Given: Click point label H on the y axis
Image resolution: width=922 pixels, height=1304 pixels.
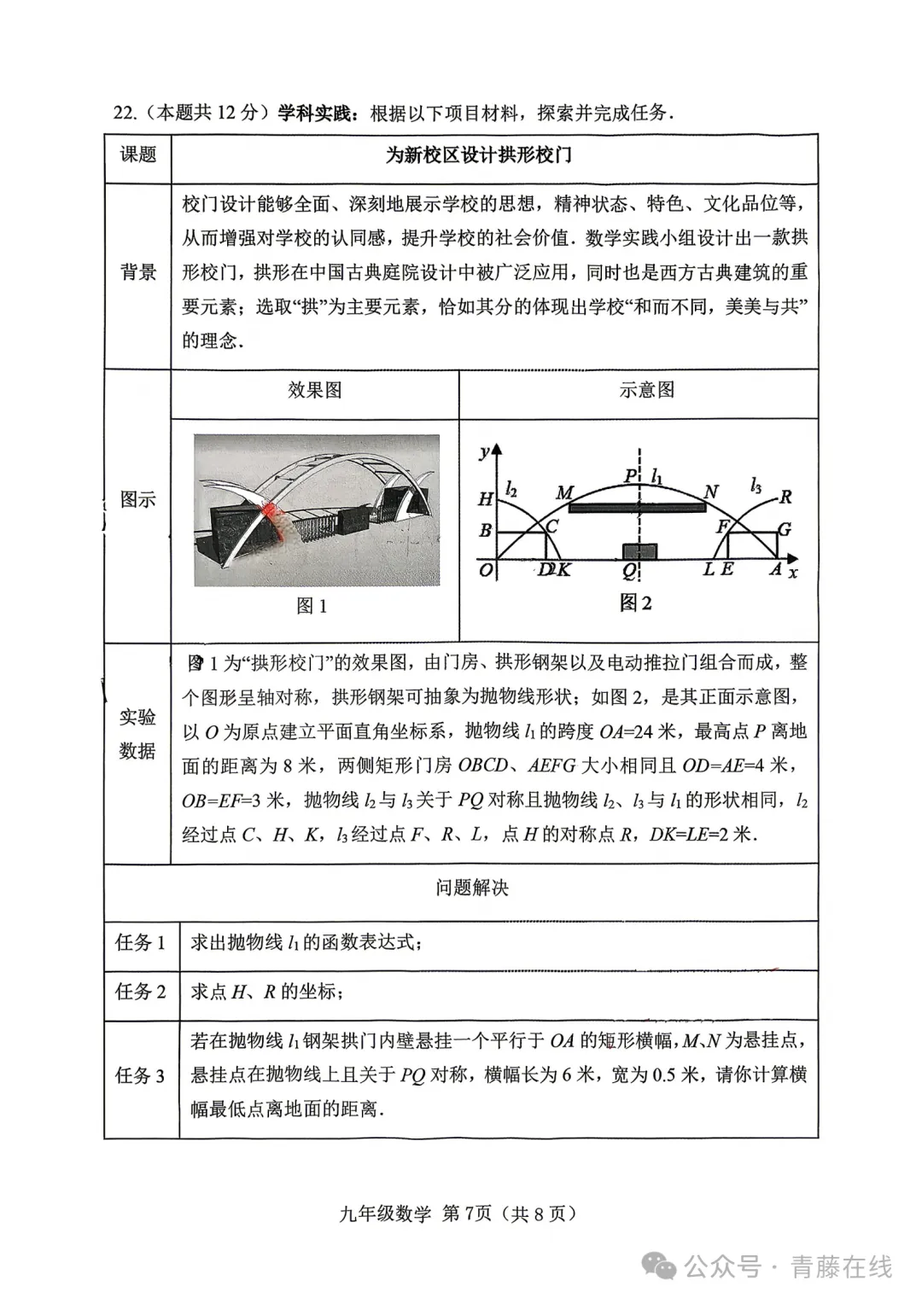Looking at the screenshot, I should (485, 499).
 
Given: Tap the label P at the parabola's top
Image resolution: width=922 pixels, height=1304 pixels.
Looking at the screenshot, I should (630, 476).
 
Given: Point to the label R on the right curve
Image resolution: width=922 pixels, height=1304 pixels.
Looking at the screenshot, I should (785, 497).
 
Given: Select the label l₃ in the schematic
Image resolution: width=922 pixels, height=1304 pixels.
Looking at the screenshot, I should (756, 485).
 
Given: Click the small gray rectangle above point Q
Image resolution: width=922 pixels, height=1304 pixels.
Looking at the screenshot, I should (640, 550).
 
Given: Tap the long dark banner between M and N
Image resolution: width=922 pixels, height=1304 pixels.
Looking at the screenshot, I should (637, 508).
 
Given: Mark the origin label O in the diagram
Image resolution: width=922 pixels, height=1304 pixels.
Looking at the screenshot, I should (485, 569).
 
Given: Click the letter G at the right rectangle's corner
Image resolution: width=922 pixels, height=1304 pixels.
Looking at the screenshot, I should (785, 529).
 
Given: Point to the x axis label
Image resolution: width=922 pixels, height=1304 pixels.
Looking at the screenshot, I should (794, 573).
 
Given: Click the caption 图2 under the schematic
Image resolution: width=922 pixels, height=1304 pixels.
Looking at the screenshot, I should (635, 603).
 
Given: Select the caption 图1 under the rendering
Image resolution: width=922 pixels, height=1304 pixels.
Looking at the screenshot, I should (312, 606).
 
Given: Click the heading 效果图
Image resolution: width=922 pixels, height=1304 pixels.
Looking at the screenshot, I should (314, 391).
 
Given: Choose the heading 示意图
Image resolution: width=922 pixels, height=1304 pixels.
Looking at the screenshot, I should (646, 391).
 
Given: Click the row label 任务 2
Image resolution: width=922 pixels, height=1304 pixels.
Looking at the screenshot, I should (140, 992).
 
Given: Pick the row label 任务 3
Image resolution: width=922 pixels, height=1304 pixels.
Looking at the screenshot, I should (140, 1075).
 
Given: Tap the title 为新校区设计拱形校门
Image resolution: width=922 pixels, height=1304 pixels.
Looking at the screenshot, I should (478, 155).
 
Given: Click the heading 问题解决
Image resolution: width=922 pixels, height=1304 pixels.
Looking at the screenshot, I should (471, 888).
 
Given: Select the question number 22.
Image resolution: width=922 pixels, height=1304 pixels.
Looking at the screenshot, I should (124, 114).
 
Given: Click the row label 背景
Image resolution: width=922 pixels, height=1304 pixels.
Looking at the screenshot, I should (137, 272).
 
